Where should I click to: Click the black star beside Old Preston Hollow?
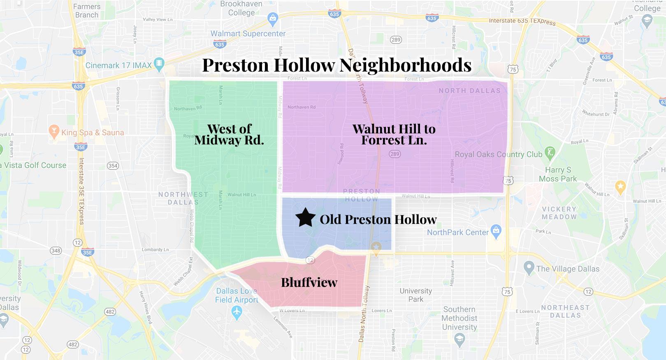pos(305,218)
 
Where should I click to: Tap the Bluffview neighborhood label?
pos(309,282)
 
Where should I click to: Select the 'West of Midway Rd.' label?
pos(229,135)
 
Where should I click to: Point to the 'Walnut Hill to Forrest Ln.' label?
pos(394,135)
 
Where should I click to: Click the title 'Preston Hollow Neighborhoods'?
pos(336,65)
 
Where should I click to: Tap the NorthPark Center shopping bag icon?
pos(496,231)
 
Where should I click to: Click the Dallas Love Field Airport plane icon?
pos(236,313)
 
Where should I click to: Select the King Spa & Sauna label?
pos(92,132)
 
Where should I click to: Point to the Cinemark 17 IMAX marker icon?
pos(159,64)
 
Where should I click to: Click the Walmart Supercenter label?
pos(248,34)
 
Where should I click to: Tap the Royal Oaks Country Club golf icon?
pos(550,153)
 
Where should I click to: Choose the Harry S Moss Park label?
pos(558,174)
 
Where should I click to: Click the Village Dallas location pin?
pos(529,268)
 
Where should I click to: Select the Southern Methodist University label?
pos(459,318)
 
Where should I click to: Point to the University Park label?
pos(415,295)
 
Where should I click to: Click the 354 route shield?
pos(113,166)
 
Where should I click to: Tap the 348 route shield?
pos(56,251)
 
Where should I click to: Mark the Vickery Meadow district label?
pos(559,213)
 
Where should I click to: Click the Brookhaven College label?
pos(241,9)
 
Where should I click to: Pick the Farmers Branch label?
pos(87,11)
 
